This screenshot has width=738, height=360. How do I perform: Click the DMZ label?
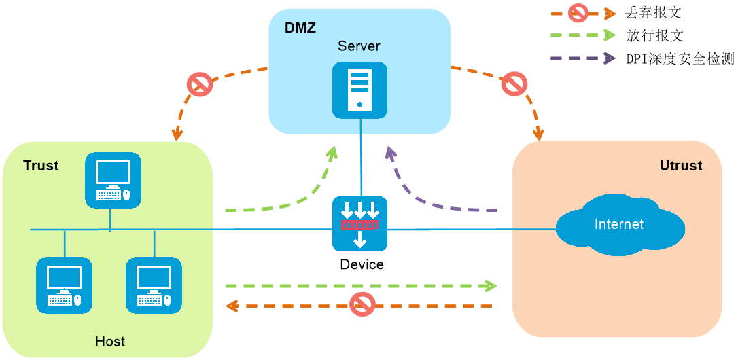[300, 28]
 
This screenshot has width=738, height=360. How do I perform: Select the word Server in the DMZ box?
[359, 46]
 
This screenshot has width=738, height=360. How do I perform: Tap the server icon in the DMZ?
[359, 90]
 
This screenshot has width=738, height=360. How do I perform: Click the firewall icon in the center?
[359, 223]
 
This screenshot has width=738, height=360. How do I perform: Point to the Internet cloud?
[618, 225]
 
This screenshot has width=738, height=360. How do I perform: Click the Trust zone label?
[41, 166]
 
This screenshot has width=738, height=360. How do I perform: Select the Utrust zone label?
[680, 166]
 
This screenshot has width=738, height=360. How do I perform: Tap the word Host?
[110, 341]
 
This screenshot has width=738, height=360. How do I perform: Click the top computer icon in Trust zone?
[113, 180]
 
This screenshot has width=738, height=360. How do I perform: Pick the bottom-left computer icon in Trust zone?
[64, 285]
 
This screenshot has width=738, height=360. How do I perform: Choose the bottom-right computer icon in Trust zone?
[154, 285]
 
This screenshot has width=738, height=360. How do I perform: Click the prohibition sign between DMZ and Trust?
[200, 84]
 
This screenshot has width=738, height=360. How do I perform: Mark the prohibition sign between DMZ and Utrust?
[514, 84]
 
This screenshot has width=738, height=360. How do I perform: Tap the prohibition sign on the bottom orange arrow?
[363, 304]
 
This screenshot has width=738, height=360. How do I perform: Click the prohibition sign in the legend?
[578, 12]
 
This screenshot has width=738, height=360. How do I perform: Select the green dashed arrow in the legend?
[582, 35]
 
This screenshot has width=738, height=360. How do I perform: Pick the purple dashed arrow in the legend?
[582, 58]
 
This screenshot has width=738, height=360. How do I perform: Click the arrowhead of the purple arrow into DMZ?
[389, 152]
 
